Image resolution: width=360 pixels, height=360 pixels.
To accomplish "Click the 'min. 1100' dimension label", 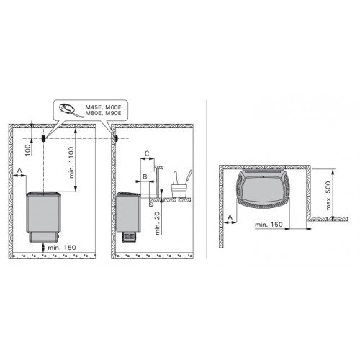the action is click(x=72, y=163).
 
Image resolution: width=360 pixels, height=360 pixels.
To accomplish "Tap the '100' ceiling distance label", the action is click(x=28, y=150).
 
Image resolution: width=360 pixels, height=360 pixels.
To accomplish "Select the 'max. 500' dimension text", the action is click(x=328, y=196).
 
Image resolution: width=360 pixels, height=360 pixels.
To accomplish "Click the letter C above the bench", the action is click(x=148, y=153).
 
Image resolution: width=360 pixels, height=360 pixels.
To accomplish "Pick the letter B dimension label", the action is click(x=145, y=176).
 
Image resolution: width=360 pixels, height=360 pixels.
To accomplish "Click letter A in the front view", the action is click(x=19, y=170).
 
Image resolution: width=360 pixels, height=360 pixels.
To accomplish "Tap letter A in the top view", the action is click(x=230, y=217).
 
